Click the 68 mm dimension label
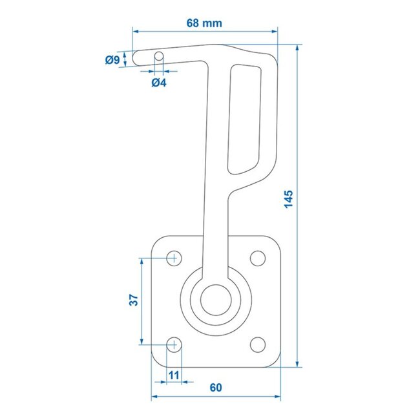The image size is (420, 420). [x=204, y=23]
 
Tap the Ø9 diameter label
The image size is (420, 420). [x=112, y=60]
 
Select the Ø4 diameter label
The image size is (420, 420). [x=159, y=82]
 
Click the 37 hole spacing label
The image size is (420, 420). [x=133, y=299]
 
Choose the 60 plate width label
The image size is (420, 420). [x=216, y=388]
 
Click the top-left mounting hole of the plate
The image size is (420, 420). [x=174, y=258]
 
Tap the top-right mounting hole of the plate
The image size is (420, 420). [x=257, y=258]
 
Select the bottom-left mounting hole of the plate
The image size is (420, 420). [x=174, y=344]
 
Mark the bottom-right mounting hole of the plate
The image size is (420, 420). [x=257, y=344]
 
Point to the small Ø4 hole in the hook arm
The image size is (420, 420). [x=158, y=56]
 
